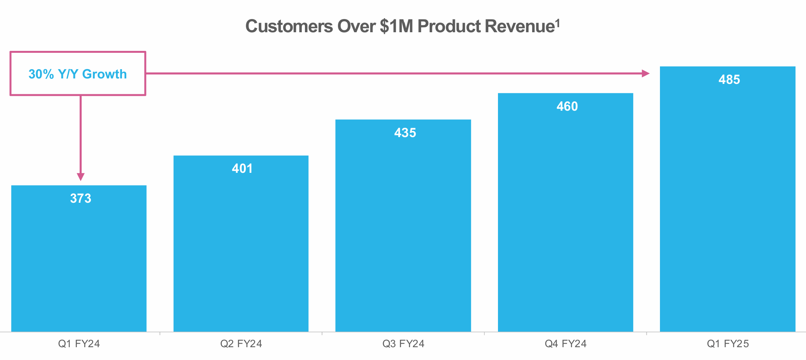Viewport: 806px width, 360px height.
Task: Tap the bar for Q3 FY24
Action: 403,233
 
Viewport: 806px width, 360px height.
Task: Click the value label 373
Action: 81,198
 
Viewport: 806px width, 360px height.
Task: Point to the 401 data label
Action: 242,169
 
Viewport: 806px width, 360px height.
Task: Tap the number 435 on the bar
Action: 405,133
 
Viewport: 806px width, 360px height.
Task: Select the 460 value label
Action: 567,106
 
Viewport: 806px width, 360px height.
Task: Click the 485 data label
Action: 729,80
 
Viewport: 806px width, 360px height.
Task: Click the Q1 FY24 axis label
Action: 79,344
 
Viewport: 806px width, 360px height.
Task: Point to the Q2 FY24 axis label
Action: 241,344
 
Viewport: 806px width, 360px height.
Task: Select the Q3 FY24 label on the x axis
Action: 403,344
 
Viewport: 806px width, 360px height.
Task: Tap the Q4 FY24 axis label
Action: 566,344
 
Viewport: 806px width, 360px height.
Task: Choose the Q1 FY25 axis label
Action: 728,344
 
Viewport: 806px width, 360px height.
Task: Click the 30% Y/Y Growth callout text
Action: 78,74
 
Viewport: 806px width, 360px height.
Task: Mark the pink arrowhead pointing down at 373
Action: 80,177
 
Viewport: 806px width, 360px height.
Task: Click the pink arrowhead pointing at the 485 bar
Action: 646,73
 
